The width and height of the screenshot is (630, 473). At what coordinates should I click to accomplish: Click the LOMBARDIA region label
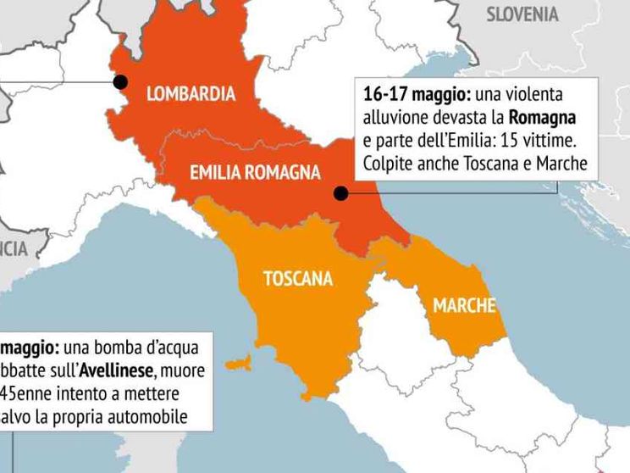[191, 94]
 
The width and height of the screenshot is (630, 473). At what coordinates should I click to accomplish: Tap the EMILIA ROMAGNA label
[255, 173]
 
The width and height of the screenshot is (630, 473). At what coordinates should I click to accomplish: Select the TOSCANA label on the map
[297, 279]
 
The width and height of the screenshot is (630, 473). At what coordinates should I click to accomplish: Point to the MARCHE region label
[464, 306]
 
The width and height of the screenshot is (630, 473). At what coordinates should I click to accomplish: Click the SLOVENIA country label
[522, 14]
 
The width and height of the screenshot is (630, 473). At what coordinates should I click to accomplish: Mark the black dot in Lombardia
[121, 82]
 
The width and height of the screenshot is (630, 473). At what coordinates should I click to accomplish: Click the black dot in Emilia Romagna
[340, 193]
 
